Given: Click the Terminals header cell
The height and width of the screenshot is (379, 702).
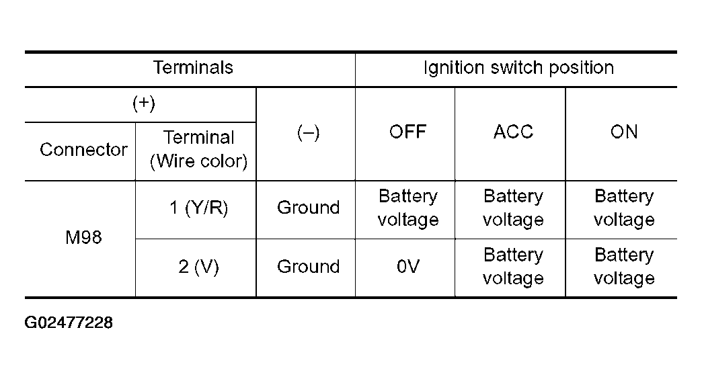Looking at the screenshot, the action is pyautogui.click(x=193, y=68).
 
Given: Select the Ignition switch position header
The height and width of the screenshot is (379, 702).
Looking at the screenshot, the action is pyautogui.click(x=518, y=68).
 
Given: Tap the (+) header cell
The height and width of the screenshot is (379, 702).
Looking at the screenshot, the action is pyautogui.click(x=144, y=103).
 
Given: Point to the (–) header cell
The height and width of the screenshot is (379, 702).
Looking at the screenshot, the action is pyautogui.click(x=308, y=132).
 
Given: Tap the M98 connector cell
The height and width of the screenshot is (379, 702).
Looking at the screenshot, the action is pyautogui.click(x=84, y=237).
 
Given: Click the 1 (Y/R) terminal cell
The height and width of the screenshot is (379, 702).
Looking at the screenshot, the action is pyautogui.click(x=198, y=208).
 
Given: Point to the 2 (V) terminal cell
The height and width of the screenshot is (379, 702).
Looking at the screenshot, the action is pyautogui.click(x=198, y=267).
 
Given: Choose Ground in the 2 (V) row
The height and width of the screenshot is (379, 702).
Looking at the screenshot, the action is pyautogui.click(x=308, y=267).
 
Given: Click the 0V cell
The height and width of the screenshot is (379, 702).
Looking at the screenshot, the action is pyautogui.click(x=408, y=267).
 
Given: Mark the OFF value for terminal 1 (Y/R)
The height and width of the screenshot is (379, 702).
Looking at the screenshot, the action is pyautogui.click(x=408, y=208).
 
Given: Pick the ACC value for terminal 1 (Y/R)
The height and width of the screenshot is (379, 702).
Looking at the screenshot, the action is pyautogui.click(x=513, y=208).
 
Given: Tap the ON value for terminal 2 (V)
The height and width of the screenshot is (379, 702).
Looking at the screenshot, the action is pyautogui.click(x=623, y=267).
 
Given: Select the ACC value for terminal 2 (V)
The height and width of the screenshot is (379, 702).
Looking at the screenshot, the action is pyautogui.click(x=513, y=267).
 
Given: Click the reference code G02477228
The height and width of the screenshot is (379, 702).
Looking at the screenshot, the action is pyautogui.click(x=69, y=323).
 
